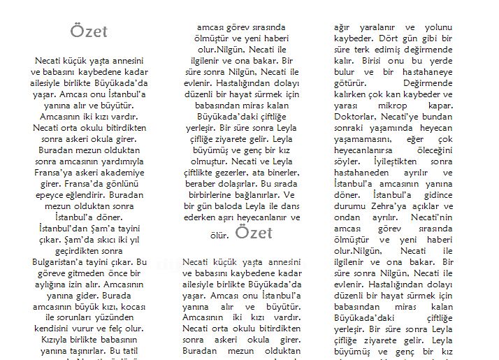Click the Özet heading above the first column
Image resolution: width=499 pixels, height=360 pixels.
coord(89,32)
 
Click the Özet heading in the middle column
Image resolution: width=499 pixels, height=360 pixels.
coord(254,232)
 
